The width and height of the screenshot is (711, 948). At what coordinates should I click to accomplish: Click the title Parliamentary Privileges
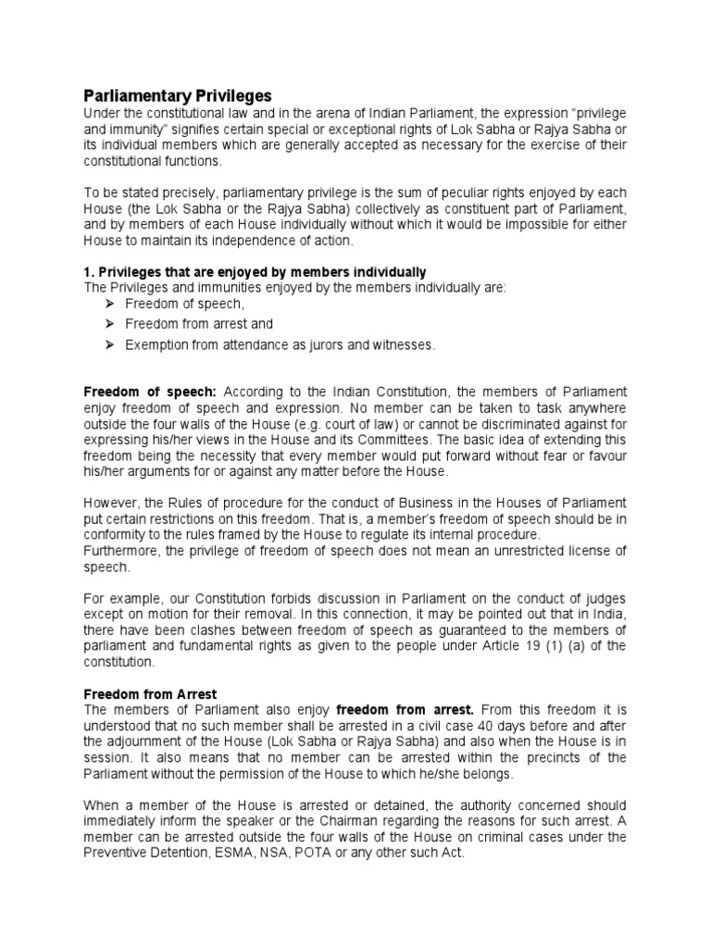178,95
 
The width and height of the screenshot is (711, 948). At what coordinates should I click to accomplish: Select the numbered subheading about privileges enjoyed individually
255,271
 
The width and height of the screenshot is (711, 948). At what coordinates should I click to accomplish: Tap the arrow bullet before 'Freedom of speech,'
107,304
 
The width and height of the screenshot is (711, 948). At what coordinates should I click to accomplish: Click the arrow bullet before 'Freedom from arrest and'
107,324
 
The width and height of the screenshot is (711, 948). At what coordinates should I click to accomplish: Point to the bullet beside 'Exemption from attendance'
107,344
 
